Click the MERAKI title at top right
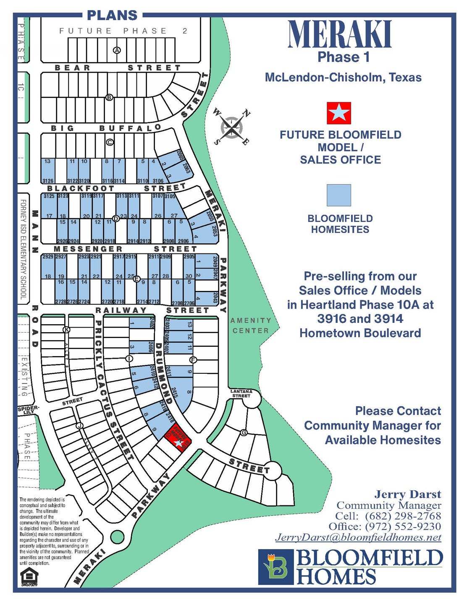(340, 34)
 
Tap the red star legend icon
(339, 113)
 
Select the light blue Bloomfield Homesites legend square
(339, 195)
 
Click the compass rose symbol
(231, 127)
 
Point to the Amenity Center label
(251, 325)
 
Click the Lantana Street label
(241, 394)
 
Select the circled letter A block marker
(117, 50)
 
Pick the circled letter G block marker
(243, 433)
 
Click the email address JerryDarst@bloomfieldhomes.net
(358, 537)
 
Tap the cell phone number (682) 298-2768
(403, 516)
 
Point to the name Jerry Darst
(407, 494)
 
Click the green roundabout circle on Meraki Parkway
(117, 537)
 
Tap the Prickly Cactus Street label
(113, 390)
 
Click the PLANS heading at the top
(112, 16)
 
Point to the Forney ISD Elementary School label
(23, 249)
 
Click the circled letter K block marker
(66, 330)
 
